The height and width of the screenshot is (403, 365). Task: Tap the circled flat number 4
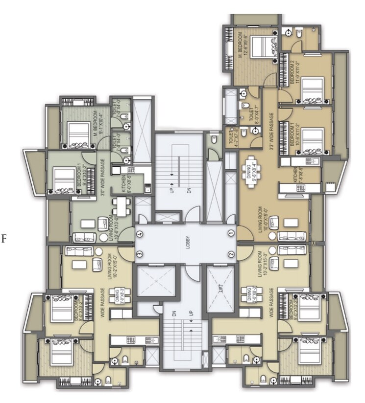click(140, 234)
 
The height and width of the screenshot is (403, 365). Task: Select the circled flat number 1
click(231, 234)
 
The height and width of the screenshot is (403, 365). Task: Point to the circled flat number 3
click(140, 254)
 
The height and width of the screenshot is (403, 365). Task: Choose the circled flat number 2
click(231, 254)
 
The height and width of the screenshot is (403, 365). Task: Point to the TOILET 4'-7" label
click(232, 136)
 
